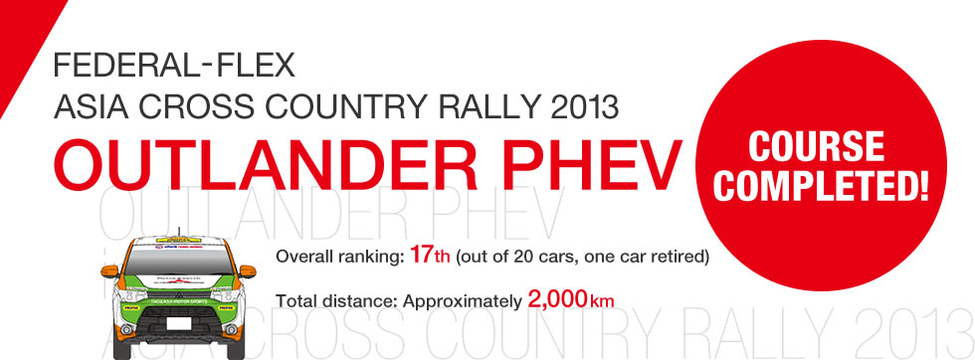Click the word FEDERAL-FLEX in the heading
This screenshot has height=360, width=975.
[175, 67]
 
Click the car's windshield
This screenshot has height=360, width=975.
[179, 261]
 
